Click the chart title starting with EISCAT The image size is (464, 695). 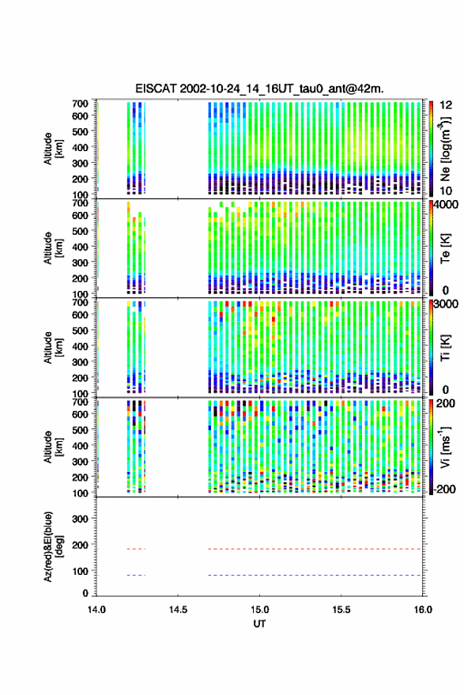[x=259, y=89]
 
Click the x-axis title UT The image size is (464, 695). [x=259, y=624]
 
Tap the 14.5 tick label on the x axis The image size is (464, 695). [x=178, y=610]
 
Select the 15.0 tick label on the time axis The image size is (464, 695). [x=259, y=610]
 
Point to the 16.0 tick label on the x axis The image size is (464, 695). [x=423, y=610]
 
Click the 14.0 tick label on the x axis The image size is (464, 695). [x=96, y=610]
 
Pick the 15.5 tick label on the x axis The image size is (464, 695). [x=341, y=610]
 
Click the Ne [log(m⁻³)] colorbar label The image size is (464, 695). [x=445, y=149]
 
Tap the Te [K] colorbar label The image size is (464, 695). [x=445, y=248]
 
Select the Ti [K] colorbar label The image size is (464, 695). [x=445, y=348]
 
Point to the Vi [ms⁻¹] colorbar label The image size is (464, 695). [x=445, y=447]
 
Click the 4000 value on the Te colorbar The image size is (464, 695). [x=447, y=205]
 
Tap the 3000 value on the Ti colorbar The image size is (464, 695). [x=447, y=304]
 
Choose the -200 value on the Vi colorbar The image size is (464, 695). [x=444, y=489]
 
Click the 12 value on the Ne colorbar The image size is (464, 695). [x=446, y=105]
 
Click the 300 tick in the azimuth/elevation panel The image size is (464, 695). [x=80, y=519]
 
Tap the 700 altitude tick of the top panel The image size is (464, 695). [x=80, y=104]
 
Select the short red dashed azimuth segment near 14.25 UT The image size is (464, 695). [x=136, y=550]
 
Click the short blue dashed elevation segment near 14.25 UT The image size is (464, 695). [x=136, y=576]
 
